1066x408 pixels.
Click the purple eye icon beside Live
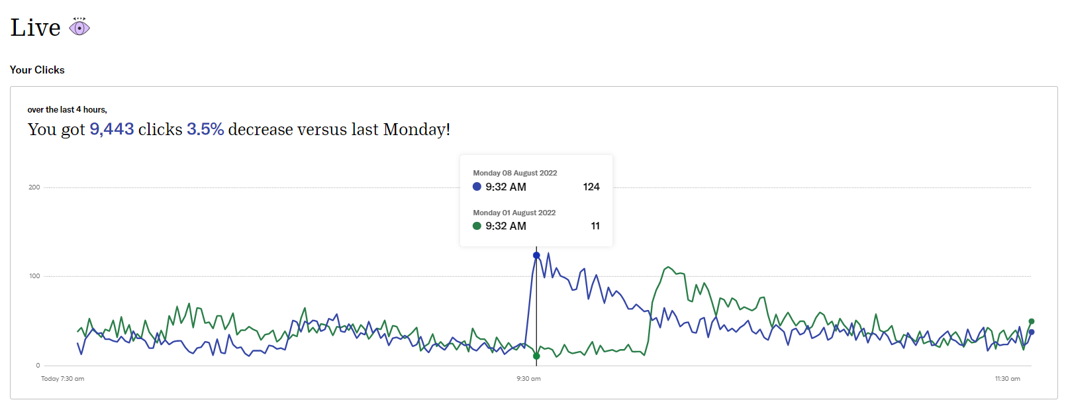(x=79, y=27)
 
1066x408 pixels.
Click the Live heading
(x=36, y=28)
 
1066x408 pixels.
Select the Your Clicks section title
(x=37, y=70)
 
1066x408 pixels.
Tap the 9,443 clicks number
(x=112, y=129)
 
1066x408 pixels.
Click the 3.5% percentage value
(x=205, y=129)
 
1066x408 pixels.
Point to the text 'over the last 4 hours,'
(x=67, y=110)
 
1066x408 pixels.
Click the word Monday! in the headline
(x=416, y=129)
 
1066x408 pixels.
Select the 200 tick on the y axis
(x=34, y=187)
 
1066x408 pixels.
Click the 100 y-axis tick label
(x=34, y=276)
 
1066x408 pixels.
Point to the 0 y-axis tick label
(x=38, y=366)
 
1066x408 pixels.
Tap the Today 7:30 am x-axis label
(x=62, y=379)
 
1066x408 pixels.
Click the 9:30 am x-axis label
(x=528, y=379)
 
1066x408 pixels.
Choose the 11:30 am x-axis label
(x=1007, y=379)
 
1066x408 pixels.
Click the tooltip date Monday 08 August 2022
(x=514, y=173)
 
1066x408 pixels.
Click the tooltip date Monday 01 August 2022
(x=514, y=213)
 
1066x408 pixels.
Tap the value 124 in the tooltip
(x=591, y=187)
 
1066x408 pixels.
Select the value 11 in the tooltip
(x=595, y=226)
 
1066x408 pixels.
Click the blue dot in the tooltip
(x=477, y=187)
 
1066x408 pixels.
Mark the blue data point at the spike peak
(x=536, y=255)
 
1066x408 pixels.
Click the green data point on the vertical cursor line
(x=536, y=356)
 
